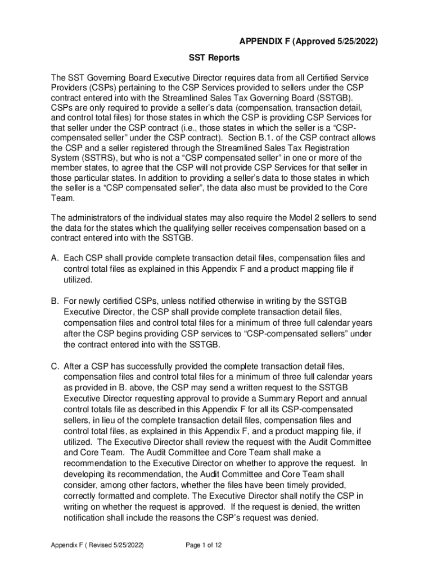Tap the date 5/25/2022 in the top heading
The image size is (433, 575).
click(350, 42)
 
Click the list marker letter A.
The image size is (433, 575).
click(55, 258)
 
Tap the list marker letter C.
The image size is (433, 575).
click(55, 366)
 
